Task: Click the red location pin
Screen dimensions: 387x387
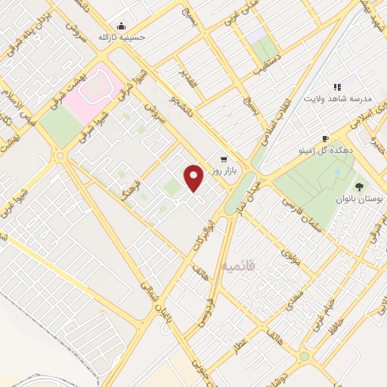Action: coord(194,178)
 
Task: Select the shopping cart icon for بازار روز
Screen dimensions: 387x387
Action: coord(224,159)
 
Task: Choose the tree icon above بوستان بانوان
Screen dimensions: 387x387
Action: coord(358,186)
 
